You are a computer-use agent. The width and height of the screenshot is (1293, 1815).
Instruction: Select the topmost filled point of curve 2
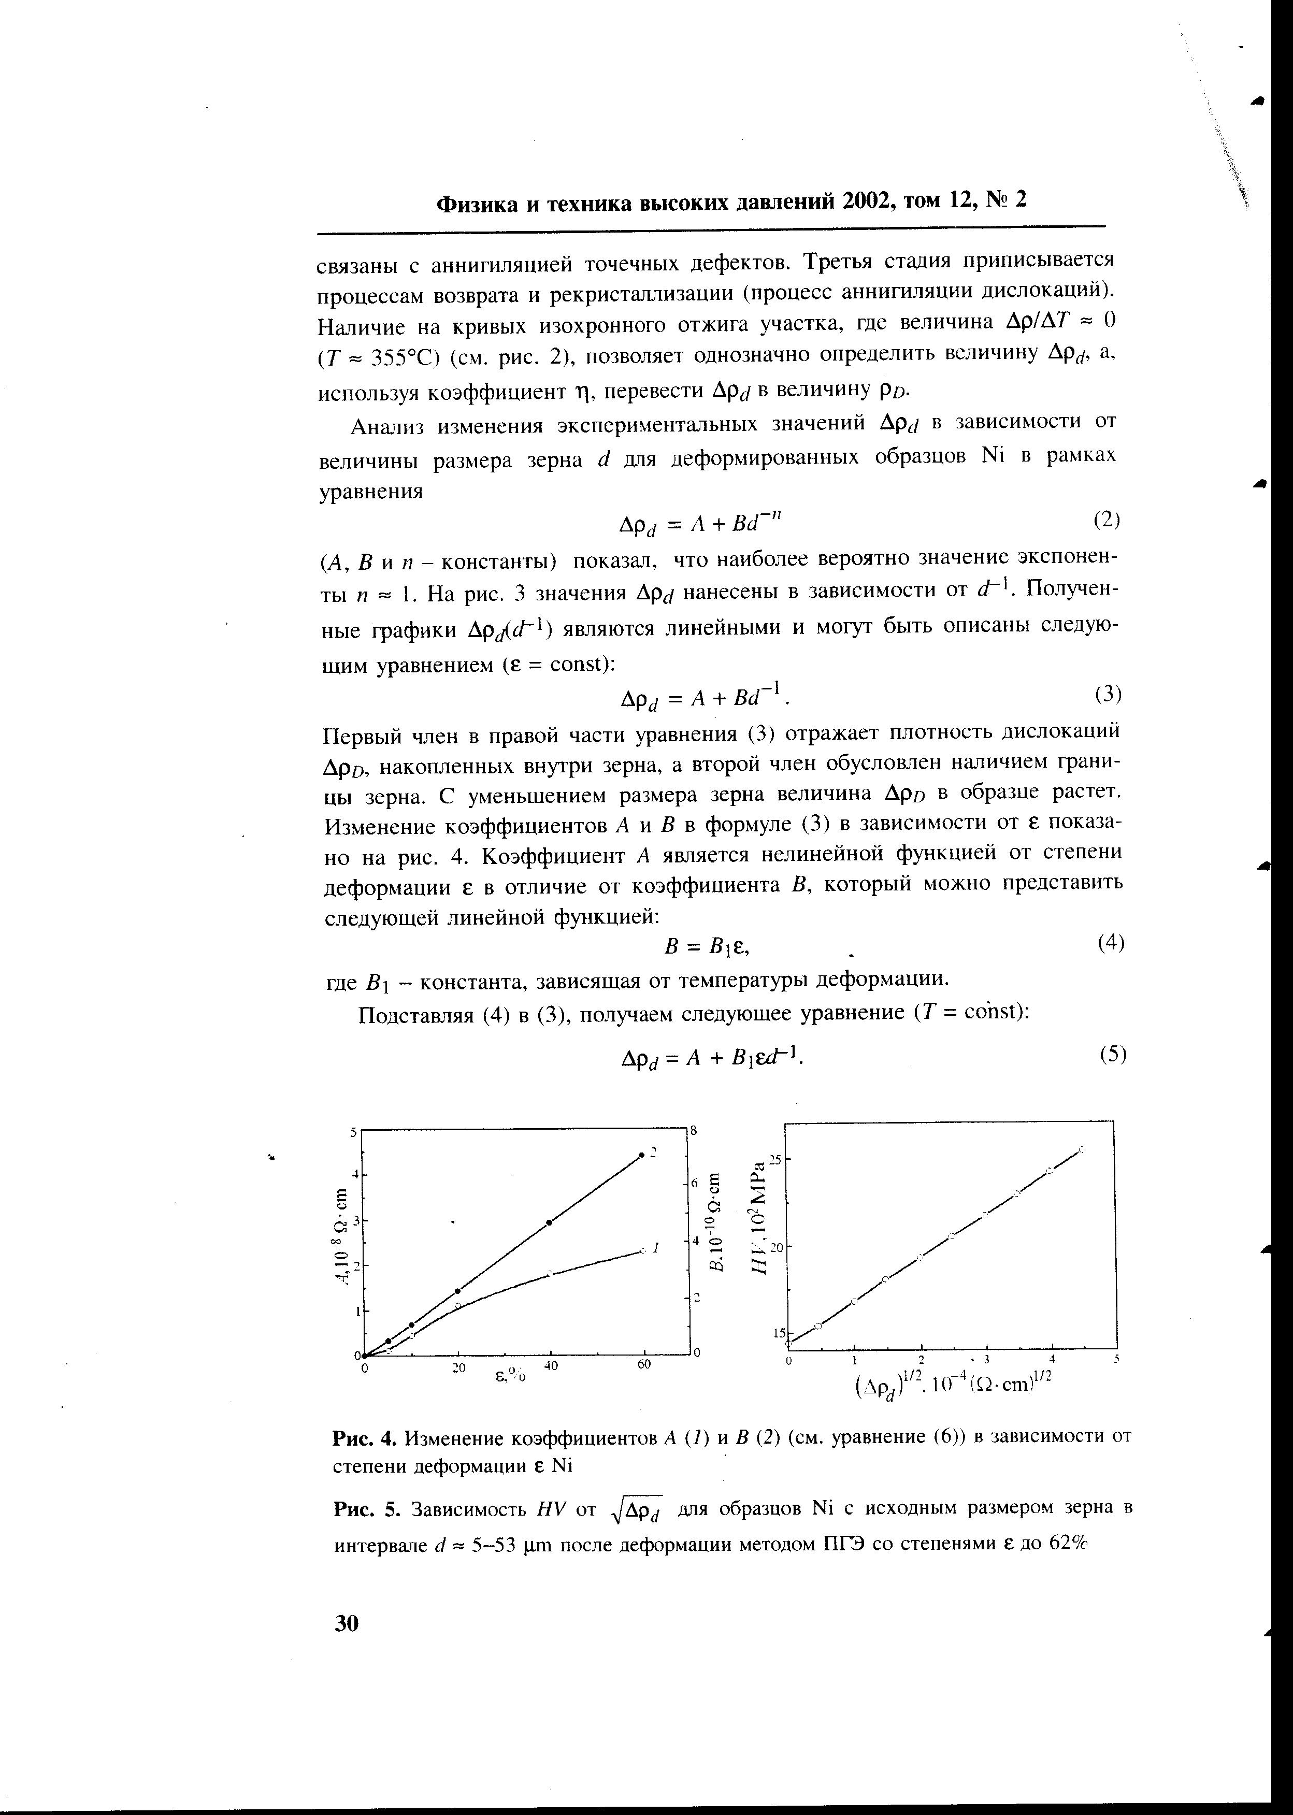[x=642, y=1155]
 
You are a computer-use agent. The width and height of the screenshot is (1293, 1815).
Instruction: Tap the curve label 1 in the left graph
[x=655, y=1248]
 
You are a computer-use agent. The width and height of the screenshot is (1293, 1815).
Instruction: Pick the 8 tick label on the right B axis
[x=694, y=1130]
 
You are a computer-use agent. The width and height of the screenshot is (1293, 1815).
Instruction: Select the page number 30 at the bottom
[x=347, y=1623]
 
